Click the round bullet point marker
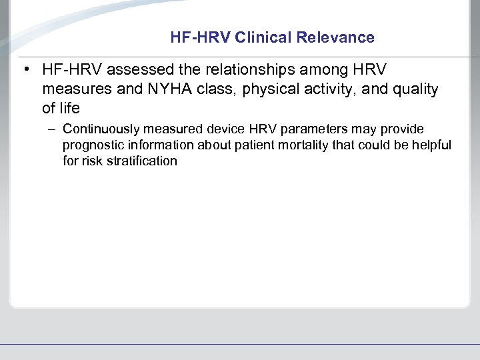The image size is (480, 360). (24, 69)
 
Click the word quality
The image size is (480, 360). (415, 89)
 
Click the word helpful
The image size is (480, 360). (431, 145)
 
